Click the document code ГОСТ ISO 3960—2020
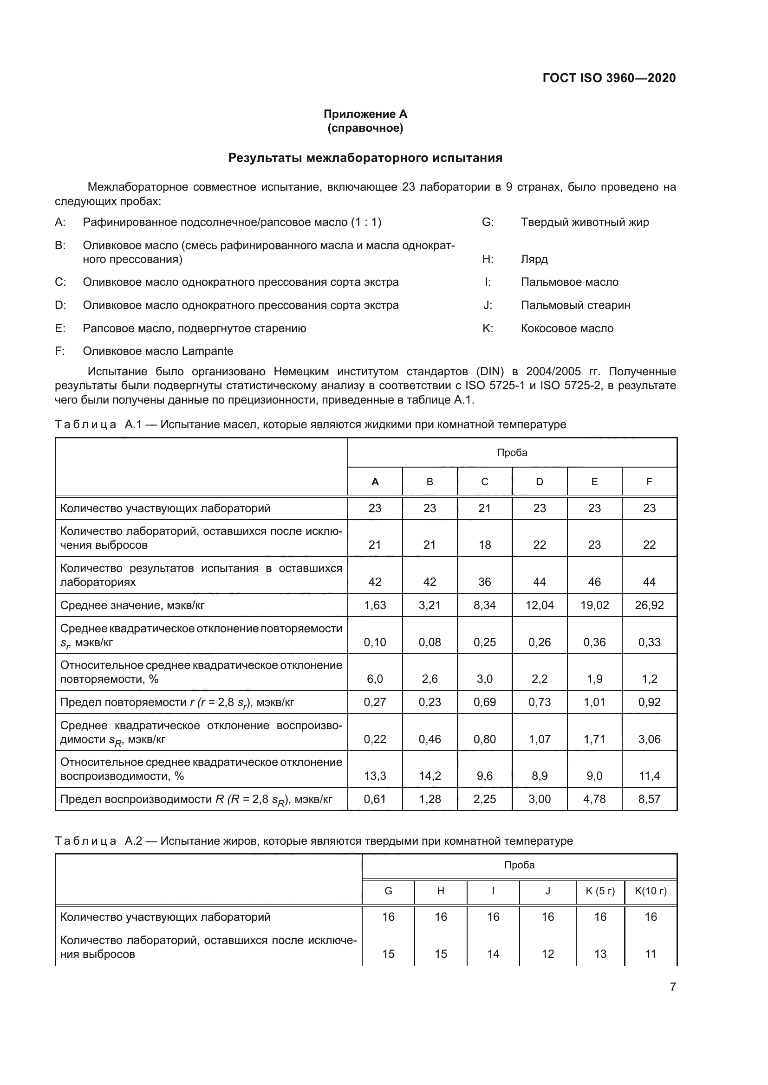609,78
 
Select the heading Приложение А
365,114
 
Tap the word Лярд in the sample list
534,259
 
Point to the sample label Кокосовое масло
566,328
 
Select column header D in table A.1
539,482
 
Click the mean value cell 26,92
649,605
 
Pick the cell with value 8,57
649,799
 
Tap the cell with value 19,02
594,605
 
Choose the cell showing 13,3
375,776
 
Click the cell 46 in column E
594,582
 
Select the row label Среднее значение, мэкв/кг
132,605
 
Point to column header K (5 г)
599,891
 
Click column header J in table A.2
547,891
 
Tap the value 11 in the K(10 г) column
650,954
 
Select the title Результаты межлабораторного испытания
365,158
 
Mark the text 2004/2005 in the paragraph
553,372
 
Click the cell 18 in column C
484,545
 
